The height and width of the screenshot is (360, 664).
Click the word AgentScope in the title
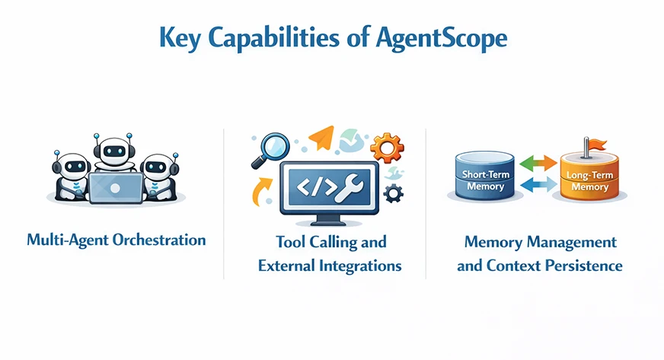(x=442, y=38)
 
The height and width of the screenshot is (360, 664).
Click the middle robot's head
(x=113, y=148)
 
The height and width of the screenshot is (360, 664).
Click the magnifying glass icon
(x=270, y=148)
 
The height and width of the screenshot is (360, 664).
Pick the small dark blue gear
(x=393, y=193)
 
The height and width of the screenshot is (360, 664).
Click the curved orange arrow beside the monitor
(x=261, y=189)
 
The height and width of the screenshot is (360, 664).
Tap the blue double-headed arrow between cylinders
(x=538, y=184)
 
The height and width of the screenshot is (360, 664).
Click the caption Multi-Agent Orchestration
(x=116, y=240)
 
